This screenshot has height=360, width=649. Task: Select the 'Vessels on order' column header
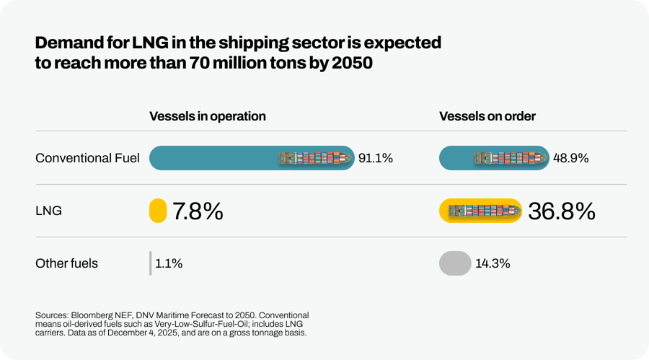[x=487, y=116]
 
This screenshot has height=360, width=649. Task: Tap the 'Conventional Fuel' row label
[x=87, y=158]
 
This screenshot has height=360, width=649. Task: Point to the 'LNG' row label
[x=48, y=211]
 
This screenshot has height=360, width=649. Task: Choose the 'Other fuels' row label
[x=66, y=263]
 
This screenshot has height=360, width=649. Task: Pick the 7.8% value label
[x=198, y=211]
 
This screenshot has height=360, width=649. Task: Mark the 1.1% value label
[x=169, y=263]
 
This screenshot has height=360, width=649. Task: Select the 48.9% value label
[x=571, y=158]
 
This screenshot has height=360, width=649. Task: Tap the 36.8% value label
[x=562, y=211]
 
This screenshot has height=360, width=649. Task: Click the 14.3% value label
[x=493, y=263]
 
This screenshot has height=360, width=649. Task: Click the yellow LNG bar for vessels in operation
[x=158, y=211]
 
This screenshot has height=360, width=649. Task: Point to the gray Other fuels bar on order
[x=455, y=263]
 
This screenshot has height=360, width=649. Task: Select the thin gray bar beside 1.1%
[x=151, y=263]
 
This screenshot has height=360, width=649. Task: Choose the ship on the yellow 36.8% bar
[x=482, y=211]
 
